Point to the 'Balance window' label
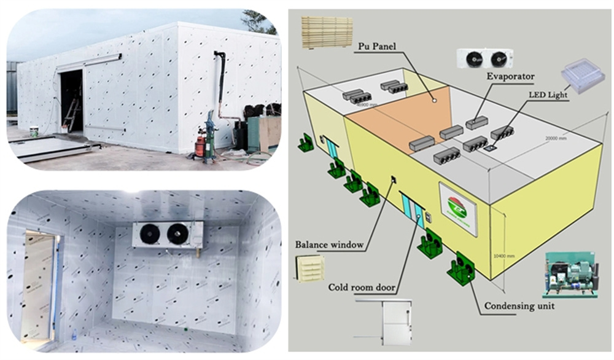(x=329, y=245)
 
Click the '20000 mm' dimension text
(x=556, y=138)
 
